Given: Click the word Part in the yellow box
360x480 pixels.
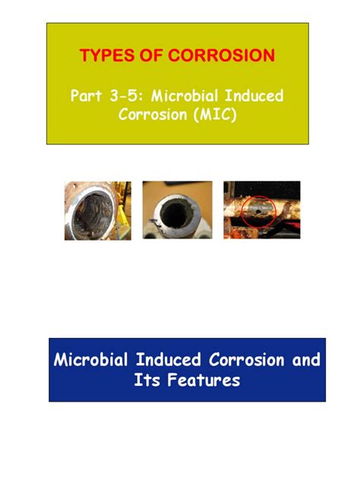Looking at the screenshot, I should pos(87,96).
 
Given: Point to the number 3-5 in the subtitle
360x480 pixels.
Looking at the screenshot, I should pos(127,96).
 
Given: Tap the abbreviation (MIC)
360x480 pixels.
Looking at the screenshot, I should pos(219,115).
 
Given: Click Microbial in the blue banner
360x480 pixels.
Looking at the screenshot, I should pos(96,360).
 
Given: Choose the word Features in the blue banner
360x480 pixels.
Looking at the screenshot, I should pos(205,380).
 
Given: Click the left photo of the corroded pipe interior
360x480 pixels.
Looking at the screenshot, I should pos(97,210).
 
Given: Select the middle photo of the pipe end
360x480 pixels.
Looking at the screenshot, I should pos(177,210).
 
